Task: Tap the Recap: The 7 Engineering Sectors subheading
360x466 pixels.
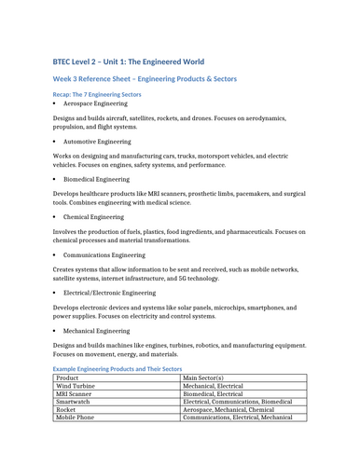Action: (97, 95)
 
